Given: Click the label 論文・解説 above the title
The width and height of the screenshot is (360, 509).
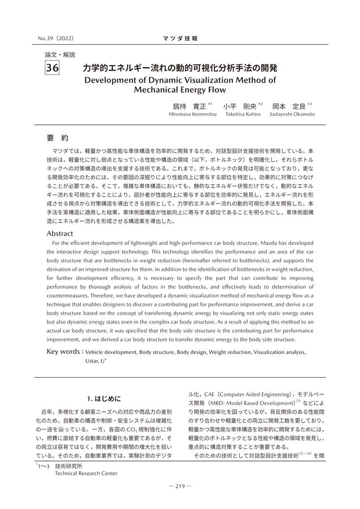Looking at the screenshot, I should click(59, 55).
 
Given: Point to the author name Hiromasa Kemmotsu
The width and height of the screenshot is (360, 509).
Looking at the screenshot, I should click(193, 114).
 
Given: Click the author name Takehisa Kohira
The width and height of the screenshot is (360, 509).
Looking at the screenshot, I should click(243, 114).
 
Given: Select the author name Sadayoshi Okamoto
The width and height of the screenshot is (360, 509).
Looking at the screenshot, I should click(293, 114).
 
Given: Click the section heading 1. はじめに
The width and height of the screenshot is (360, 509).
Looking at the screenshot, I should click(106, 398).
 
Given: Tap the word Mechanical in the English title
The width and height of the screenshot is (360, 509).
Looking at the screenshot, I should click(161, 89).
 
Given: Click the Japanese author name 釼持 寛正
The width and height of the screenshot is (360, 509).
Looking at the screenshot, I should click(189, 106).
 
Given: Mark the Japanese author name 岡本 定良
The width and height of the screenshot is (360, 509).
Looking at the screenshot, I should click(289, 106).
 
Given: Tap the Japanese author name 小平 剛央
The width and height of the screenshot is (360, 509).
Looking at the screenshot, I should click(239, 106).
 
